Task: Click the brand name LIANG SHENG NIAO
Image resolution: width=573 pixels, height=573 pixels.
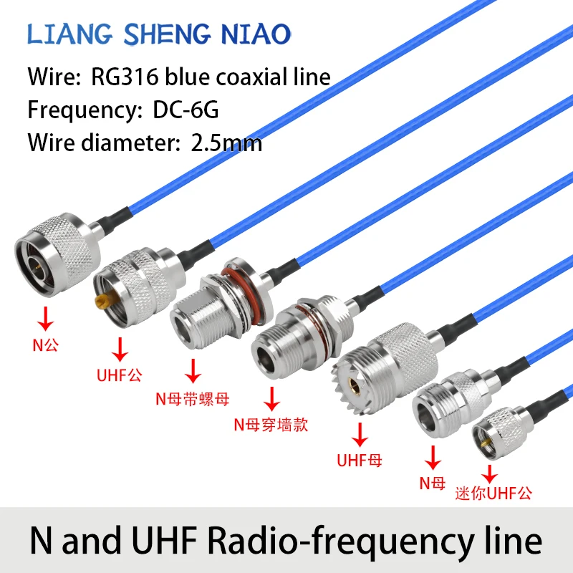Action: pyautogui.click(x=159, y=33)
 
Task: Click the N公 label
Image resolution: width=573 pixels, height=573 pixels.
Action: pyautogui.click(x=46, y=345)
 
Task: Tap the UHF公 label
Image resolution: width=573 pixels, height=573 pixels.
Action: pyautogui.click(x=120, y=375)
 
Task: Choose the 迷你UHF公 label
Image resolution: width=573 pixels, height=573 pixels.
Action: pyautogui.click(x=494, y=494)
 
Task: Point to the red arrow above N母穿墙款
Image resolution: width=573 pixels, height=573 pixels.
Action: pyautogui.click(x=271, y=398)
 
